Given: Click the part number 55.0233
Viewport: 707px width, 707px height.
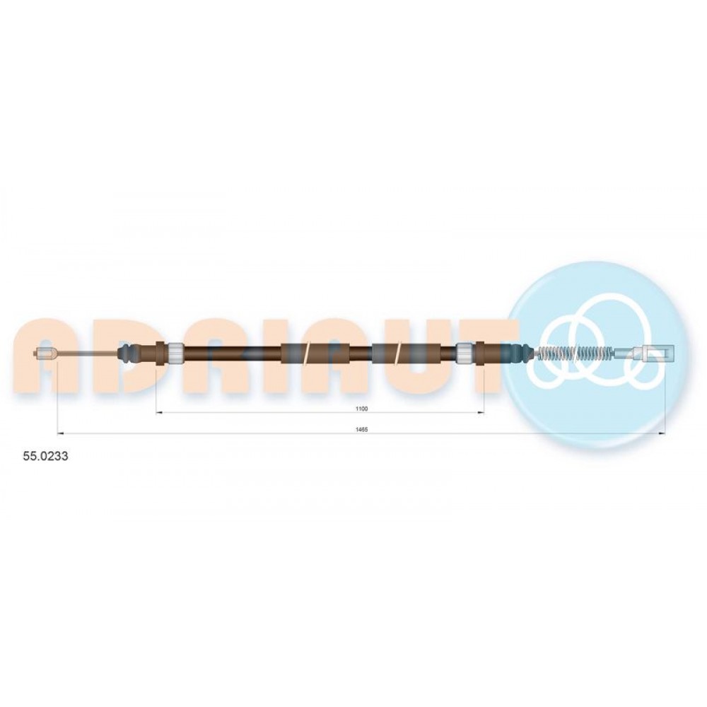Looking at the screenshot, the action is [x=45, y=456].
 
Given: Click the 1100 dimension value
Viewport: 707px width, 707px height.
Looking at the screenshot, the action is [x=361, y=409].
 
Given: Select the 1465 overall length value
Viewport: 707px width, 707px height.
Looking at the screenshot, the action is [x=361, y=430].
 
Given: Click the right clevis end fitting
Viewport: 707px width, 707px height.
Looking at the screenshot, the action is [x=655, y=351].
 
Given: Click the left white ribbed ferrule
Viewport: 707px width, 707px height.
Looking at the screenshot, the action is [x=175, y=353].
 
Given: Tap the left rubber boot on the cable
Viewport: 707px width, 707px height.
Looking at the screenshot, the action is [x=129, y=353].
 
